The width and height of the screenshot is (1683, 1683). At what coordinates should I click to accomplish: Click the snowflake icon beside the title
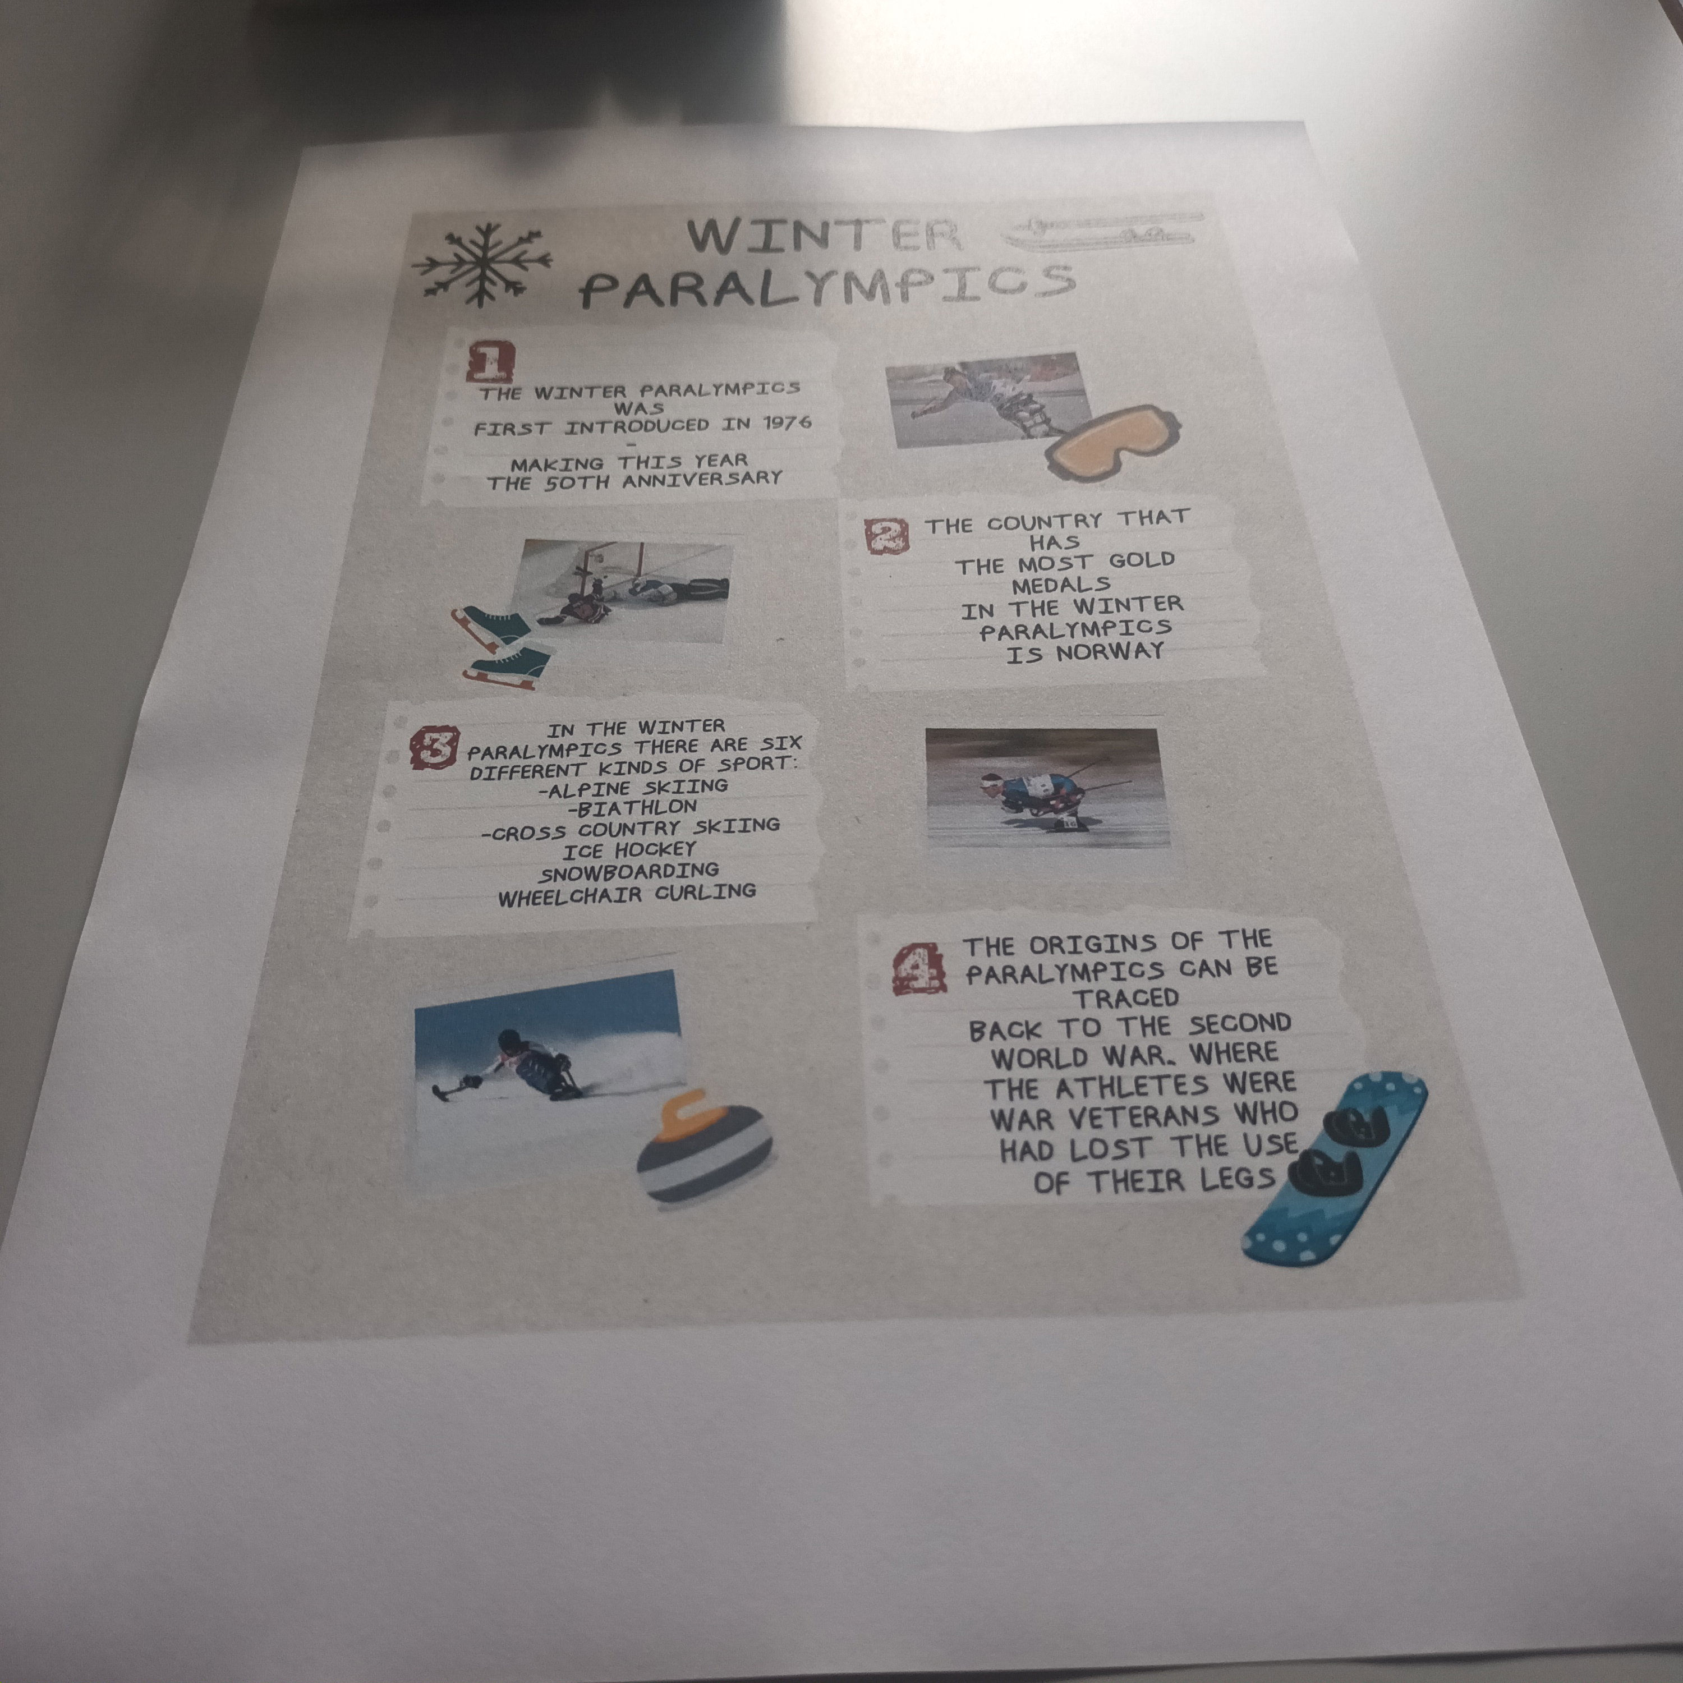482,263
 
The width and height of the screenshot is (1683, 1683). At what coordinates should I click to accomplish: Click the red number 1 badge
490,361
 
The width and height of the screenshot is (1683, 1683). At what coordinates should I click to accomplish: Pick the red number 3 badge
433,747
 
